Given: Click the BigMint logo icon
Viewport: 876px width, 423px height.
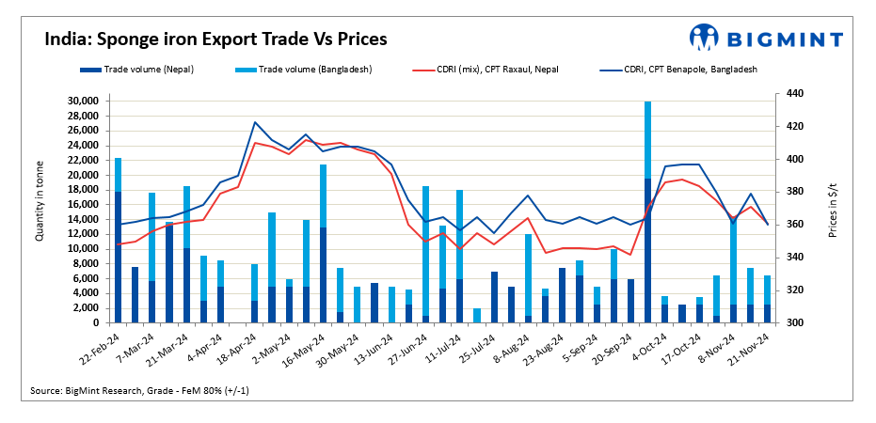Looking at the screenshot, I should coord(704,37).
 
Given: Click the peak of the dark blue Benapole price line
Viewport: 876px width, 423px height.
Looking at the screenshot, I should coord(255,122).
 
